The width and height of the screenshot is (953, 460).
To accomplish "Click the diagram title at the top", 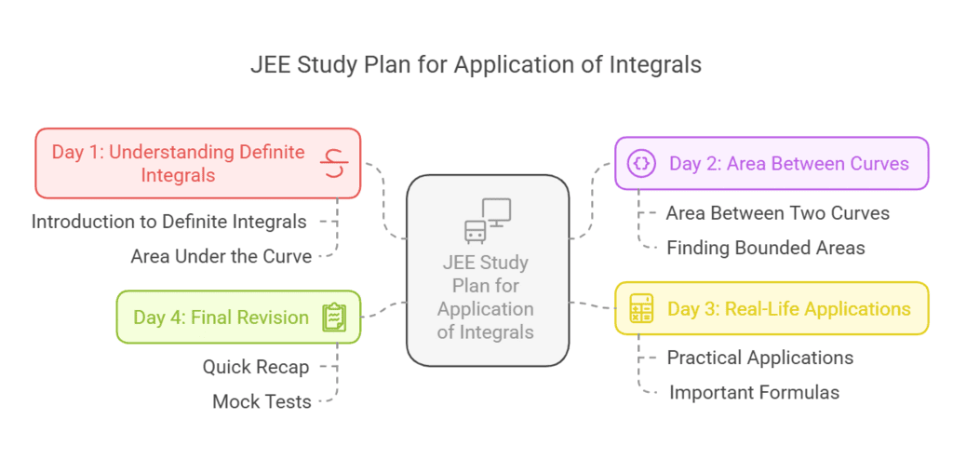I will [476, 65].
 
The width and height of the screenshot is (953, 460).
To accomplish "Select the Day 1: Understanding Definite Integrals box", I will [197, 163].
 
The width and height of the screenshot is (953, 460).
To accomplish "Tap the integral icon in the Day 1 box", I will [333, 163].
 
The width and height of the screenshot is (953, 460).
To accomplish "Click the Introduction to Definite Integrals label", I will [168, 222].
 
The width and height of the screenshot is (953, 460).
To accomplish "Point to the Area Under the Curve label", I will [221, 256].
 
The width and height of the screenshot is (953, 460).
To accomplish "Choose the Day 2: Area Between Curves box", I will [772, 163].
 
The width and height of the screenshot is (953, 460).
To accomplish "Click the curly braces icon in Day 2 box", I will [641, 163].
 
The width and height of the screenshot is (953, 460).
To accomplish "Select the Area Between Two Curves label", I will [777, 213].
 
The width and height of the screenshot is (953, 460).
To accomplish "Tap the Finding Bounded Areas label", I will [766, 248].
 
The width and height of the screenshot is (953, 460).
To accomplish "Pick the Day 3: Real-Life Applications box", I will [772, 308].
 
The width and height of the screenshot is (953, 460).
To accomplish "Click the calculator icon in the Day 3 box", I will [641, 308].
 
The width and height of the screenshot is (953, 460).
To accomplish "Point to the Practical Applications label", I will [759, 358].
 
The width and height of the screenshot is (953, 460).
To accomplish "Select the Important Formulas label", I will [754, 392].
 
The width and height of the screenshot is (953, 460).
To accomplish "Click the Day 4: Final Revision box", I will [238, 317].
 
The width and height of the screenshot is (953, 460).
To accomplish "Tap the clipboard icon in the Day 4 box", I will [333, 317].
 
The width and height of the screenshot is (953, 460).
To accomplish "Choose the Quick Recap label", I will [255, 367].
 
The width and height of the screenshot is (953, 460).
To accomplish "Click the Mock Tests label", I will [262, 401].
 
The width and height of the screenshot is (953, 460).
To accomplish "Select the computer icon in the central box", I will [488, 221].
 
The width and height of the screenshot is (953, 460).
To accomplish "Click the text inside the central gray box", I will [486, 296].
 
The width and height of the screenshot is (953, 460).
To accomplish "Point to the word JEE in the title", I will [269, 65].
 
